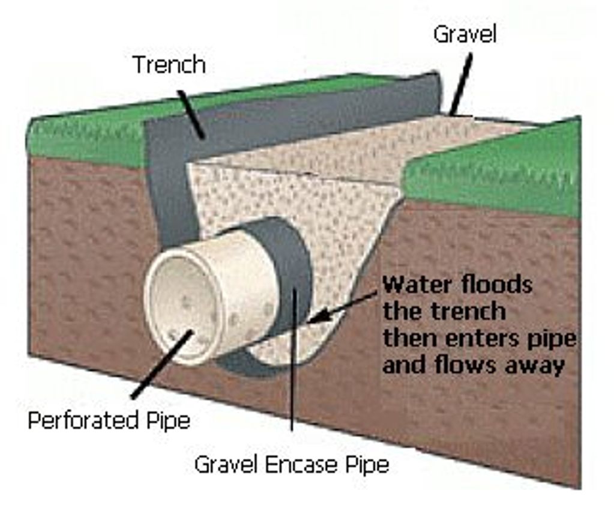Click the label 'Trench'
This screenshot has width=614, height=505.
point(169,64)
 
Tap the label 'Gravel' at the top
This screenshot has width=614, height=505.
point(465,34)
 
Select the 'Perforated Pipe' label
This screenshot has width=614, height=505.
point(109,420)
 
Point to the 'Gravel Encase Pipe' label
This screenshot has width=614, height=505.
point(292,464)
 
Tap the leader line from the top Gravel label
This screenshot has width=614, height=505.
point(461,85)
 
